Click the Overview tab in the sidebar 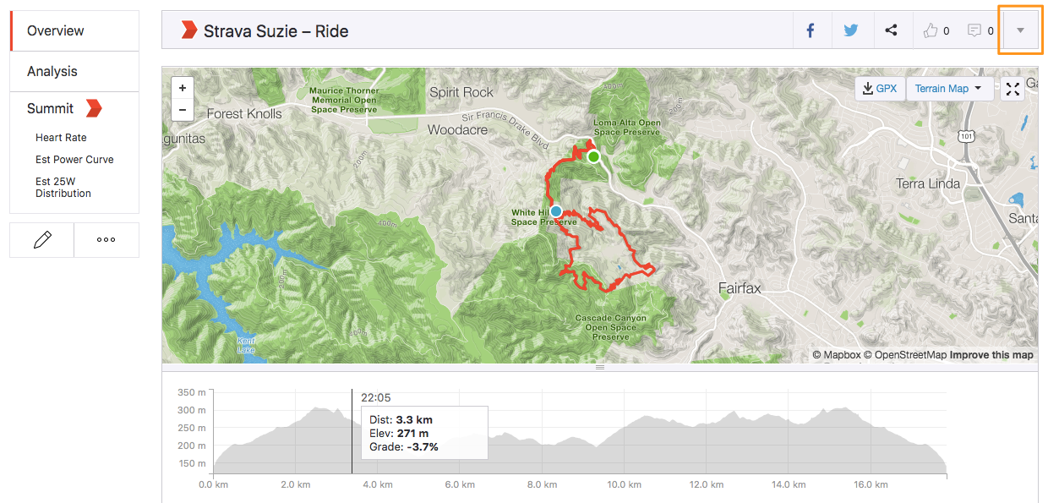(x=56, y=31)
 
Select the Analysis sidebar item (x=52, y=72)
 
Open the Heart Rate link (x=61, y=138)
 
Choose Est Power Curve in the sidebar (x=74, y=160)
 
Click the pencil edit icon (x=42, y=240)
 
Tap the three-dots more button (x=106, y=240)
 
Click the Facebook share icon (x=810, y=31)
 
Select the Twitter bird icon (x=850, y=31)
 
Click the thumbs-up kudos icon (x=931, y=31)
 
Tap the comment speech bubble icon (x=974, y=31)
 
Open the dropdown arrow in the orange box (x=1020, y=31)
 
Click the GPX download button (x=880, y=89)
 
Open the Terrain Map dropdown (x=949, y=89)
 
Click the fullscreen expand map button (x=1012, y=89)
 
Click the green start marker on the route (x=593, y=156)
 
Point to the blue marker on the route (x=556, y=210)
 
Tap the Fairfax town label (x=740, y=288)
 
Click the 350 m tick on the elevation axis (x=191, y=393)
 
